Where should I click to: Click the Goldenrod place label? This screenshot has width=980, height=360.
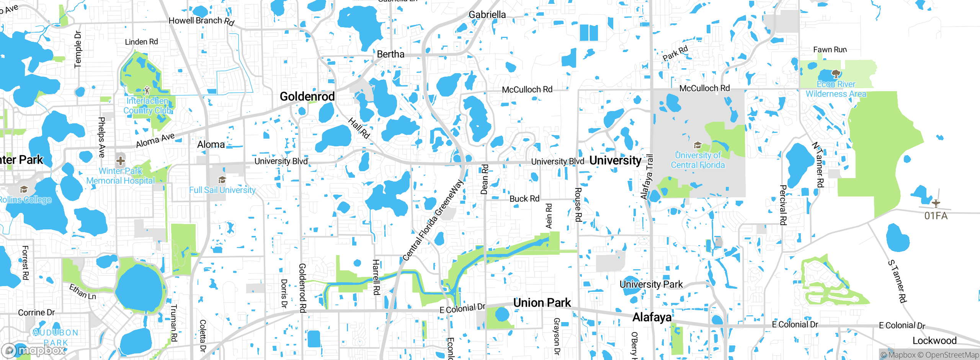point(307,97)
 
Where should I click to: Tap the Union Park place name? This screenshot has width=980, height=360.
point(542,303)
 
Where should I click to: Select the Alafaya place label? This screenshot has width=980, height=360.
point(652,317)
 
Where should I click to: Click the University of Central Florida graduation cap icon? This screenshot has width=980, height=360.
point(697,145)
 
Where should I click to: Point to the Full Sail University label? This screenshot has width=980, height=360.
point(222,190)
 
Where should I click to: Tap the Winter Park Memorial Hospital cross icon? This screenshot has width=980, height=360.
point(120,160)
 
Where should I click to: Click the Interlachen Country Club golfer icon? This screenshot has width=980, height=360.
point(147,90)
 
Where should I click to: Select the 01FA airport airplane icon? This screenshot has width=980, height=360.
point(936,203)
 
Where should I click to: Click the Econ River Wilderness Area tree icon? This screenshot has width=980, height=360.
point(836,74)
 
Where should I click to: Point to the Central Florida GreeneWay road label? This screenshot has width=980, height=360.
point(433,221)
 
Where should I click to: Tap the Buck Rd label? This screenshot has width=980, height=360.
point(524,199)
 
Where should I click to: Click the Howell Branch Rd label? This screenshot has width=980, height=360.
point(201,21)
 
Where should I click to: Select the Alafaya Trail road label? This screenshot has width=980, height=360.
point(647,177)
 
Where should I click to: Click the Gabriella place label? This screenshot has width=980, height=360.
point(487,15)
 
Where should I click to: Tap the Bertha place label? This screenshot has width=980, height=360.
point(390,54)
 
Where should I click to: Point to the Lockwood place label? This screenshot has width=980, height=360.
point(934,340)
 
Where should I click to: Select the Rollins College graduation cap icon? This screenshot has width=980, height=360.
point(24,189)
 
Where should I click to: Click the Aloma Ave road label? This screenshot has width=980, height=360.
point(155,141)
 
